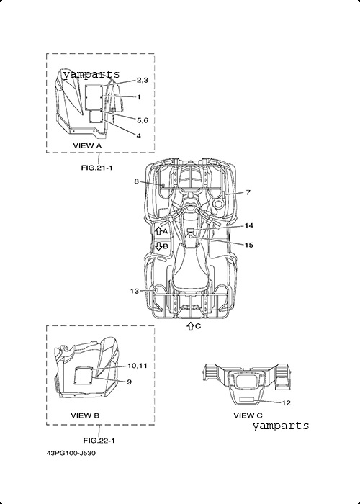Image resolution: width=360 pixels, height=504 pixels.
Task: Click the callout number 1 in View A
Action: click(139, 96)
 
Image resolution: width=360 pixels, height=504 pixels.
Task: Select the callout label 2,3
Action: click(143, 81)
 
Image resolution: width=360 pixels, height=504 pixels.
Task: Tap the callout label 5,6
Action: click(143, 120)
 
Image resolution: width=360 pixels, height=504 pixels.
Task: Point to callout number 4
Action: click(138, 136)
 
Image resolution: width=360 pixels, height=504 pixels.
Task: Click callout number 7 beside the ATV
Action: click(248, 192)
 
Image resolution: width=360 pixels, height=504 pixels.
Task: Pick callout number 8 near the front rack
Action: click(136, 181)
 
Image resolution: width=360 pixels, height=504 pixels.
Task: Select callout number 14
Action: click(249, 225)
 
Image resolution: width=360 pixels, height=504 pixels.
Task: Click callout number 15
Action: click(249, 245)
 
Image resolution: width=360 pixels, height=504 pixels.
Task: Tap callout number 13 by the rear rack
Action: click(135, 291)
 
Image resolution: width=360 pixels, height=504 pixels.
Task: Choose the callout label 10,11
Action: click(138, 366)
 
